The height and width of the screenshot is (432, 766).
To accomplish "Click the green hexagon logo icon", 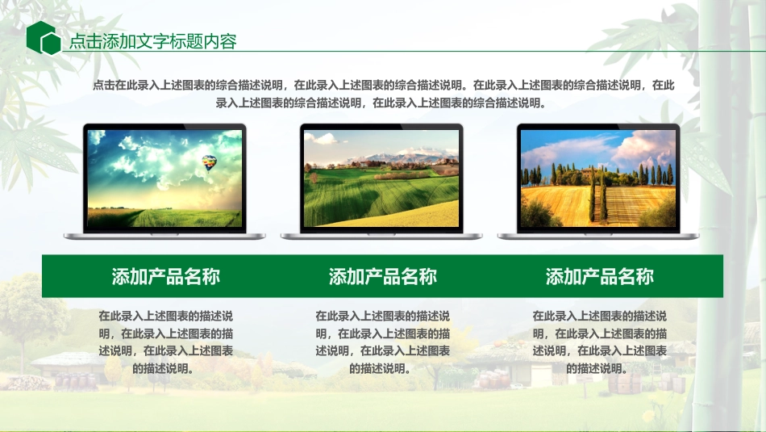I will pyautogui.click(x=43, y=38).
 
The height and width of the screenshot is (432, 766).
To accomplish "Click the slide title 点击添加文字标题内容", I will pyautogui.click(x=152, y=42).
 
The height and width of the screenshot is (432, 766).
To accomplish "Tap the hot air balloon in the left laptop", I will pyautogui.click(x=210, y=162).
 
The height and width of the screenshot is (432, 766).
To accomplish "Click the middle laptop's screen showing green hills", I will pyautogui.click(x=381, y=178).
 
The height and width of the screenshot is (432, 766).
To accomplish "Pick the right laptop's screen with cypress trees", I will pyautogui.click(x=597, y=178).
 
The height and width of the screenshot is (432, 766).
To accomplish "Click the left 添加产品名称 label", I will pyautogui.click(x=165, y=277).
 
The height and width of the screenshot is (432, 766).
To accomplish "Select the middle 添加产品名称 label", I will pyautogui.click(x=382, y=277).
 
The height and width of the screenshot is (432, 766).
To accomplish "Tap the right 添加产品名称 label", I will pyautogui.click(x=599, y=277).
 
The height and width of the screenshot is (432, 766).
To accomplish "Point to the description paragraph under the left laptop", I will pyautogui.click(x=165, y=342).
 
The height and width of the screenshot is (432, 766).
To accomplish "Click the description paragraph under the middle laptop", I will pyautogui.click(x=382, y=342).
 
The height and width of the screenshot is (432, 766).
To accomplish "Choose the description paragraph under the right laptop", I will pyautogui.click(x=599, y=342).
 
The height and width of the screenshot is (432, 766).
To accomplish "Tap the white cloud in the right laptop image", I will pyautogui.click(x=645, y=145).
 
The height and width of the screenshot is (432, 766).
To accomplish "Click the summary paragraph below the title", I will pyautogui.click(x=383, y=93).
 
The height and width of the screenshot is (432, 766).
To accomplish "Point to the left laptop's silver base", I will pyautogui.click(x=164, y=236).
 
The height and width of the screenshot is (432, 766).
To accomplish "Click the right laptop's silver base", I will pyautogui.click(x=598, y=236).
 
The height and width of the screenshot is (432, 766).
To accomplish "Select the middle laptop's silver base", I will pyautogui.click(x=381, y=236).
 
